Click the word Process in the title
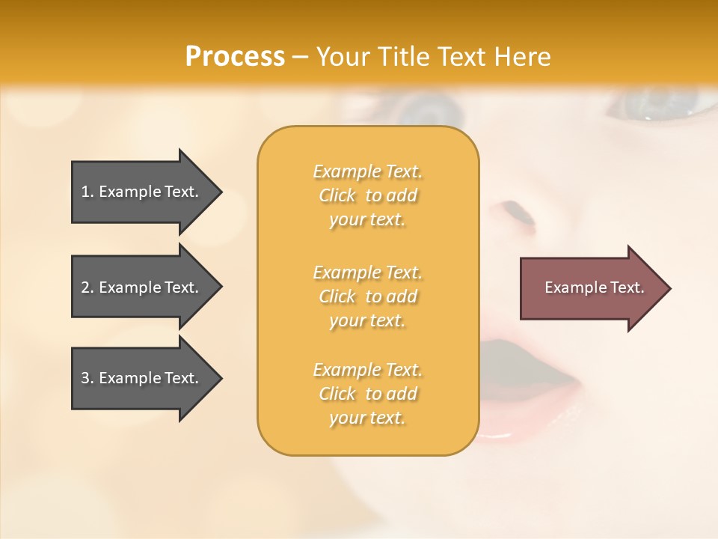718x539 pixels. coord(235,57)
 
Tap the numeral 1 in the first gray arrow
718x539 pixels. coord(85,192)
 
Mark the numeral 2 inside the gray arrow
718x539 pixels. coord(85,287)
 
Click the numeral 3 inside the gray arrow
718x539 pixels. coord(85,378)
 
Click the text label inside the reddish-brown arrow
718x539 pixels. coord(595,287)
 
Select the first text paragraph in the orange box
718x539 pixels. coord(367,195)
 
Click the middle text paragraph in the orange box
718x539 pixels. coord(367,296)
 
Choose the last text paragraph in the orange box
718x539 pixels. coord(367,394)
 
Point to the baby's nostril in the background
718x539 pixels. coord(515,213)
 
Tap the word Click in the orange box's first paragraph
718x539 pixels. coord(337,196)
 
